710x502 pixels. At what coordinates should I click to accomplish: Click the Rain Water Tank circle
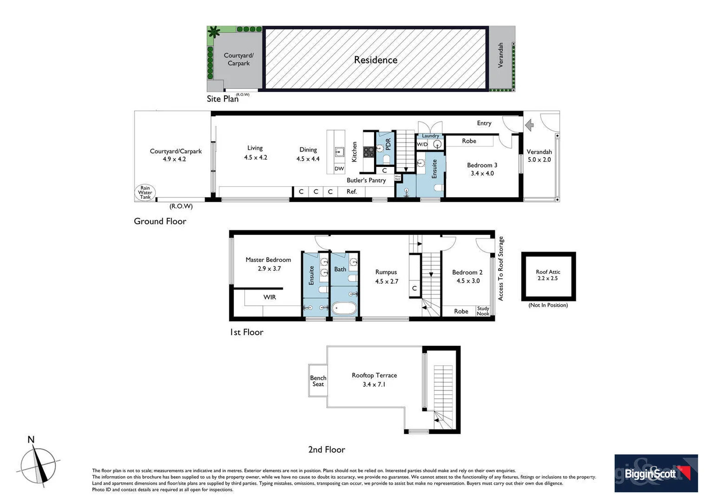coord(145,192)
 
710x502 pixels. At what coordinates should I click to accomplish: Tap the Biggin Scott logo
coord(656,473)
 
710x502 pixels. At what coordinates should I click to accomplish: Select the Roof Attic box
coord(548,276)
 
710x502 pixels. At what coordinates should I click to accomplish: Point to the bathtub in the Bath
coord(344,308)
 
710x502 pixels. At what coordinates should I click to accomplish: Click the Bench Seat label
coord(318,381)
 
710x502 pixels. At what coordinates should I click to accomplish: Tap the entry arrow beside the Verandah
coord(529,125)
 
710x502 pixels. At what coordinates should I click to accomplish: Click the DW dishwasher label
coord(339,169)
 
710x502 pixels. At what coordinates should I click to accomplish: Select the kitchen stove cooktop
coord(368,152)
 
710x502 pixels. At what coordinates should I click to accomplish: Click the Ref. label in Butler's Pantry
coord(352,192)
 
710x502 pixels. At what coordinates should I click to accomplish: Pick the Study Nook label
coord(483,311)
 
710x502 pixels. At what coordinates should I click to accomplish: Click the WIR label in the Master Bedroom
coord(270,297)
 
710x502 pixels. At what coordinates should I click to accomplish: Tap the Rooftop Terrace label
coord(374,375)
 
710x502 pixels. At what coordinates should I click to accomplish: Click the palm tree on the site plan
coord(214,32)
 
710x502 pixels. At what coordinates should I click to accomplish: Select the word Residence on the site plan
coord(375,60)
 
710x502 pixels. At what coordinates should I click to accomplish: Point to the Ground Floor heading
coord(160,221)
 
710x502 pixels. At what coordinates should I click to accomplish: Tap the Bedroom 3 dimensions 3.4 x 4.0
coord(482,173)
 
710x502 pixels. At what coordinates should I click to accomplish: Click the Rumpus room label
coord(386,272)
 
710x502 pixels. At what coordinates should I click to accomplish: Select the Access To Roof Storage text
coord(500,269)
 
